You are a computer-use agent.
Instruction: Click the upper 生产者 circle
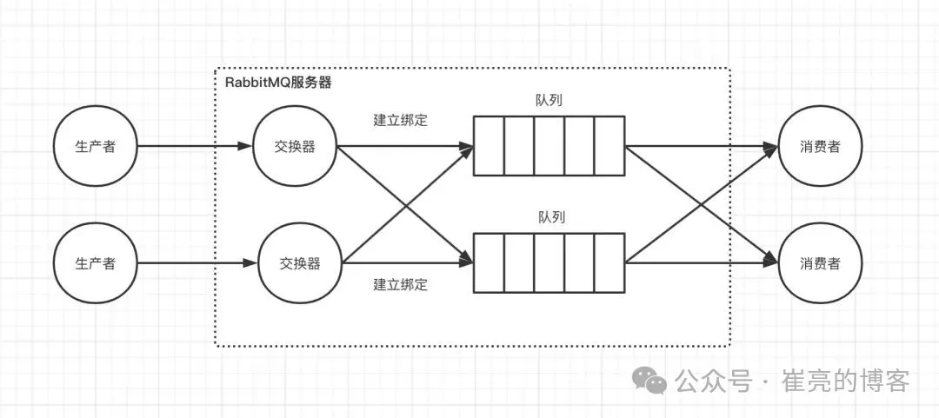coord(96,146)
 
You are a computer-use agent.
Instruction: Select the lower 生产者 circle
coord(96,262)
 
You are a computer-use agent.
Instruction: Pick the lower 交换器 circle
coord(300,262)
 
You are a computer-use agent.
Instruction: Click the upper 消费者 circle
coord(820,146)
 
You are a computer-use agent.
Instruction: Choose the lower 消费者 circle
coord(820,262)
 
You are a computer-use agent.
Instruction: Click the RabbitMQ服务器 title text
coord(272,83)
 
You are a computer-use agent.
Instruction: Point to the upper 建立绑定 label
coord(400,120)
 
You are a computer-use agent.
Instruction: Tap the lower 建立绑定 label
coord(400,284)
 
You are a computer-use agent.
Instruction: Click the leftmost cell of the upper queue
coord(489,146)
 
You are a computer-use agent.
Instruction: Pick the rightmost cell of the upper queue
coord(609,146)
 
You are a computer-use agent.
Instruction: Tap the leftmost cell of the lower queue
coord(489,262)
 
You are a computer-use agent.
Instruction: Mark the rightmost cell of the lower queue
coord(609,262)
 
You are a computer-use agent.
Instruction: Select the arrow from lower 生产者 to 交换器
coord(196,262)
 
